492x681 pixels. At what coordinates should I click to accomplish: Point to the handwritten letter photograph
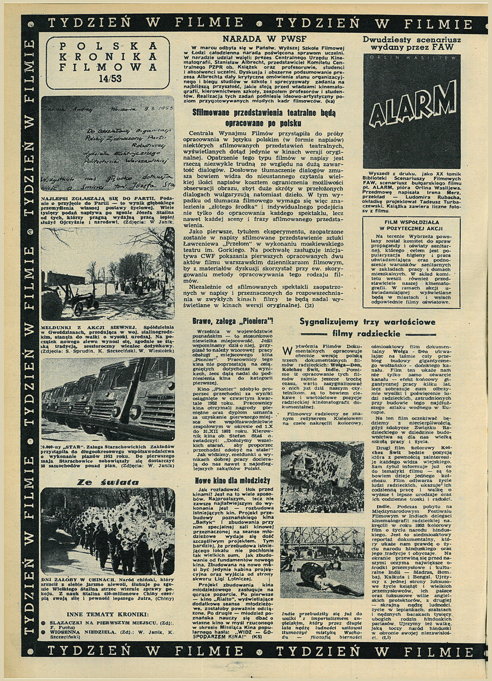coord(108,143)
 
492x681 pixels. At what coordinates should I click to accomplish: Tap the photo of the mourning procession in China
coord(108,531)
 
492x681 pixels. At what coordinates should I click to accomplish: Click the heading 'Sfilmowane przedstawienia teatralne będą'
coord(264,113)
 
